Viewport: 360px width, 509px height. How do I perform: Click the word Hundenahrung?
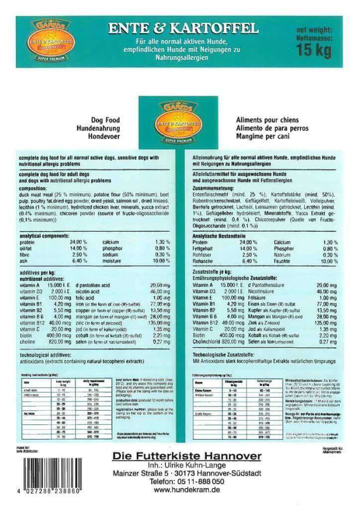point(103,128)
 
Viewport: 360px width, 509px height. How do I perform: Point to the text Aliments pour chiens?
point(267,120)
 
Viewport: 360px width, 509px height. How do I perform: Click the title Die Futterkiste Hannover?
point(186,455)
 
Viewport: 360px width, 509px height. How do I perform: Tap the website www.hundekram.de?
point(187,489)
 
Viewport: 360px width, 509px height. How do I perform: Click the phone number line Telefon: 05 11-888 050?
point(187,481)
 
